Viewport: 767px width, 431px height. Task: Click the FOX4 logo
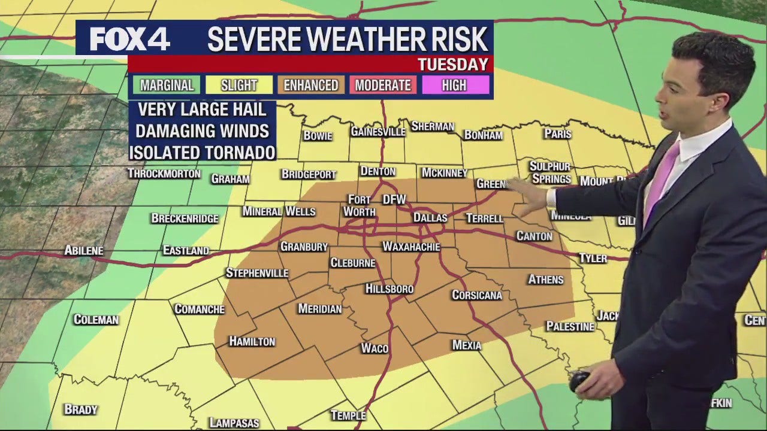(129, 40)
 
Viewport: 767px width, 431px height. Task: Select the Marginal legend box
(167, 85)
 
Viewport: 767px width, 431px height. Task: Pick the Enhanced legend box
(310, 85)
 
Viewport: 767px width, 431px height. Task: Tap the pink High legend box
(454, 85)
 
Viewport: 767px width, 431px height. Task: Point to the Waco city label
(375, 348)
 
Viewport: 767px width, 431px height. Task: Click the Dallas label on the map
(430, 218)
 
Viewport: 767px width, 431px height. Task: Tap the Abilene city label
(84, 250)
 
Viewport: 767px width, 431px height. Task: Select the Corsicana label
(477, 295)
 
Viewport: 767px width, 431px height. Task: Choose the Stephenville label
(257, 273)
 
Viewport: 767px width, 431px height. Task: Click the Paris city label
(557, 133)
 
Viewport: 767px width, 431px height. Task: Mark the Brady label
(80, 409)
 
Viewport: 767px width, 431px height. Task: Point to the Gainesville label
(378, 131)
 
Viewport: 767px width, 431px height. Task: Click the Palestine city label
(570, 326)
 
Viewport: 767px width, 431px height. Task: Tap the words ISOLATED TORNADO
(203, 152)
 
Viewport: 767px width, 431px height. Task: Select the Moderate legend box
(382, 85)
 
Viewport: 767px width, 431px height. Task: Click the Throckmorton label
(164, 174)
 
